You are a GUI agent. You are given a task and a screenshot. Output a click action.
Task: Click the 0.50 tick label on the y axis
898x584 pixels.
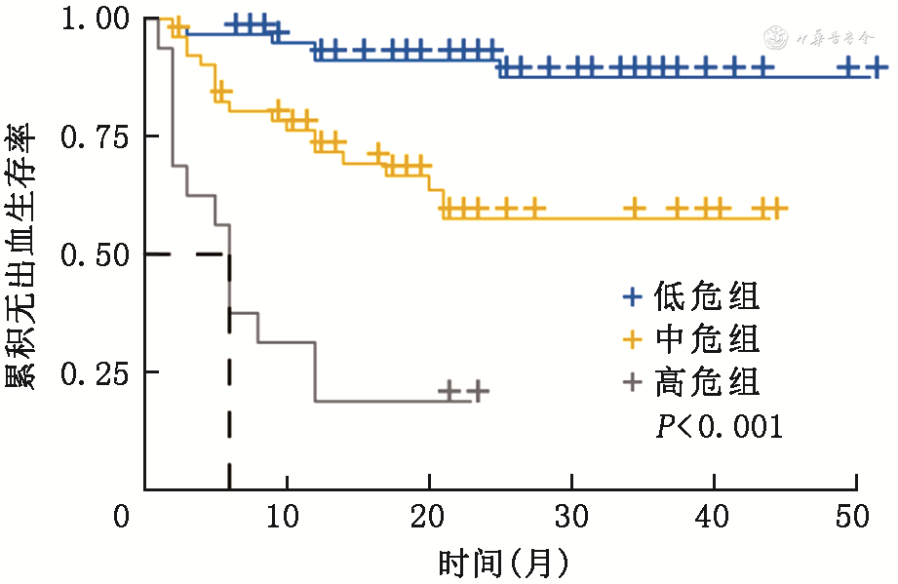[92, 254]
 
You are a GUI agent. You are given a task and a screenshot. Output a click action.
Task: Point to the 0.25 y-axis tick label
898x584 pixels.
[92, 372]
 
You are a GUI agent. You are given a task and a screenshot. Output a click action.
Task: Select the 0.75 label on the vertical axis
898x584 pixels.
[92, 136]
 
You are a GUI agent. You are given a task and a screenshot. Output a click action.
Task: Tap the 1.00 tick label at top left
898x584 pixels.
[92, 19]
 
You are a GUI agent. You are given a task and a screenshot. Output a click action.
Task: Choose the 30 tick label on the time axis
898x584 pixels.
[571, 514]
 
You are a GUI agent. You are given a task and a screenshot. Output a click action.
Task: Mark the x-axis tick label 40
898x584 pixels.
[714, 514]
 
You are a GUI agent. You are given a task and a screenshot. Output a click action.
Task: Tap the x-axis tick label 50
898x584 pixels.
[856, 514]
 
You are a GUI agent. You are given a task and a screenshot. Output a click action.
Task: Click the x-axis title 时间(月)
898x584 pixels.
[502, 563]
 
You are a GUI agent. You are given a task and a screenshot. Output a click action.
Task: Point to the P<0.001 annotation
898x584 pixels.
[719, 426]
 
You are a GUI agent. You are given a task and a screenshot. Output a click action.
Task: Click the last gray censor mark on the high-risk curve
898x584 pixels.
[477, 392]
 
